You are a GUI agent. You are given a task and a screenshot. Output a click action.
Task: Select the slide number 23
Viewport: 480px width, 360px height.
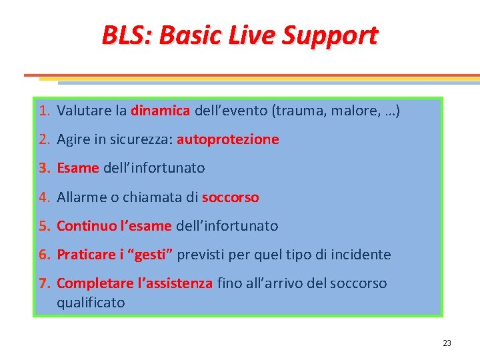pyautogui.click(x=447, y=343)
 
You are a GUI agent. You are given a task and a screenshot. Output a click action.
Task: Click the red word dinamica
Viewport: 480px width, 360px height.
pyautogui.click(x=161, y=111)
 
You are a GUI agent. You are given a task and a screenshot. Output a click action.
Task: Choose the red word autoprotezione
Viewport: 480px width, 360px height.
pyautogui.click(x=228, y=139)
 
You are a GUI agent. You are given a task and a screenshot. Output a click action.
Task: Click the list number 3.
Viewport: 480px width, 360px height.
pyautogui.click(x=43, y=168)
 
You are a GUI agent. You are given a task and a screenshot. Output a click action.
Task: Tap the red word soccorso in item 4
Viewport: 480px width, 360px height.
pyautogui.click(x=230, y=197)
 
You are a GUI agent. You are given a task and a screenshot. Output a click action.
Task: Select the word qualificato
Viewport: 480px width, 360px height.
pyautogui.click(x=91, y=303)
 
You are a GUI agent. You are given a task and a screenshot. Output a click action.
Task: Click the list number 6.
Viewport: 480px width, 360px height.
pyautogui.click(x=43, y=255)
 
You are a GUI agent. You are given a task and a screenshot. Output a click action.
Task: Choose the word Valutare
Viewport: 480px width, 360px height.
pyautogui.click(x=83, y=111)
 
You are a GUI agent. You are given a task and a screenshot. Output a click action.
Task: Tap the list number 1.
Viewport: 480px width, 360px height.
pyautogui.click(x=43, y=111)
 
